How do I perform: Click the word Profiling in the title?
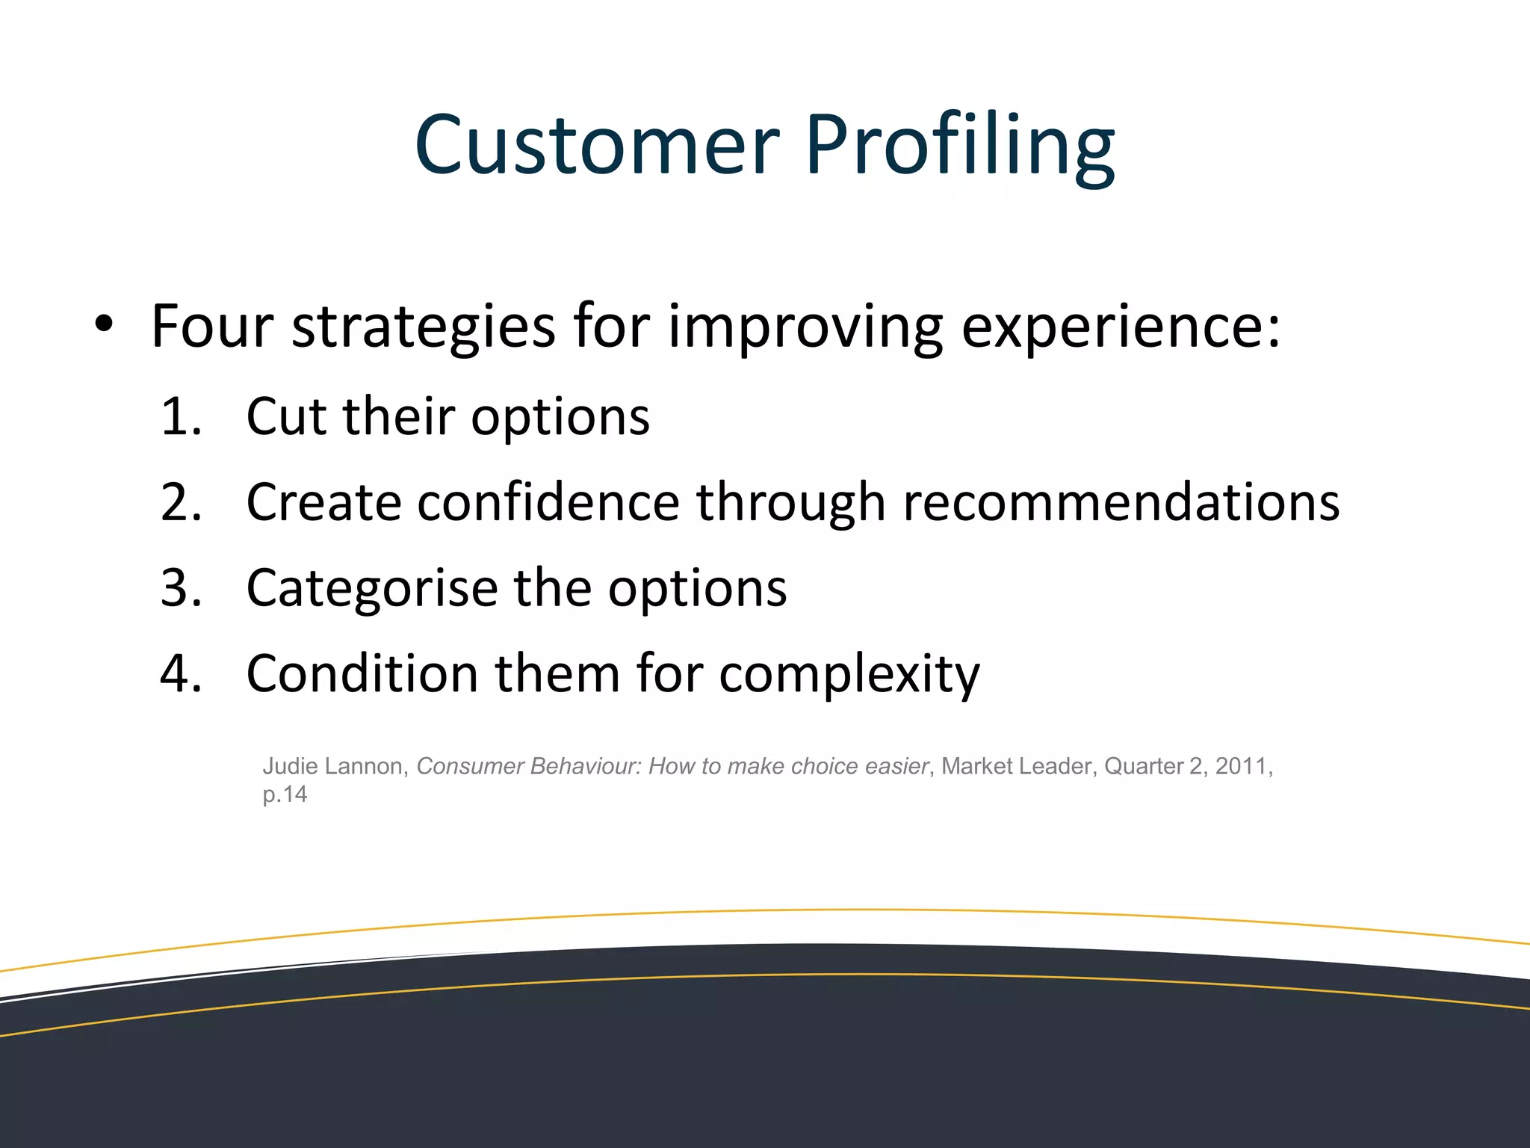959,146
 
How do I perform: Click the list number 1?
180,416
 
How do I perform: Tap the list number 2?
180,502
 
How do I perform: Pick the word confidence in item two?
548,502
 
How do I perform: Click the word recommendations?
1121,502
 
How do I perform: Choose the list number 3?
180,588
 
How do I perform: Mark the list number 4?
180,673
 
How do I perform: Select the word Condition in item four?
362,673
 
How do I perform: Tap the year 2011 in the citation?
1241,766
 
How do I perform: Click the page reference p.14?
285,794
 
